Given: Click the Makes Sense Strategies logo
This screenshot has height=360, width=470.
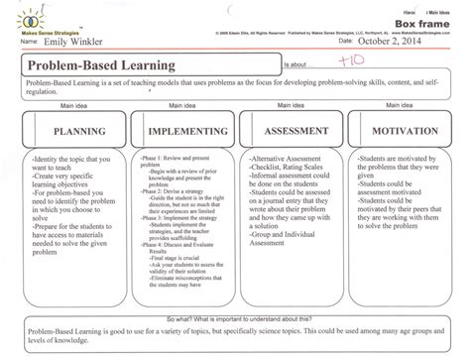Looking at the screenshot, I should pyautogui.click(x=31, y=20).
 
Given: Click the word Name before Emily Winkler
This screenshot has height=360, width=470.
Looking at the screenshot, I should pyautogui.click(x=29, y=46).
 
